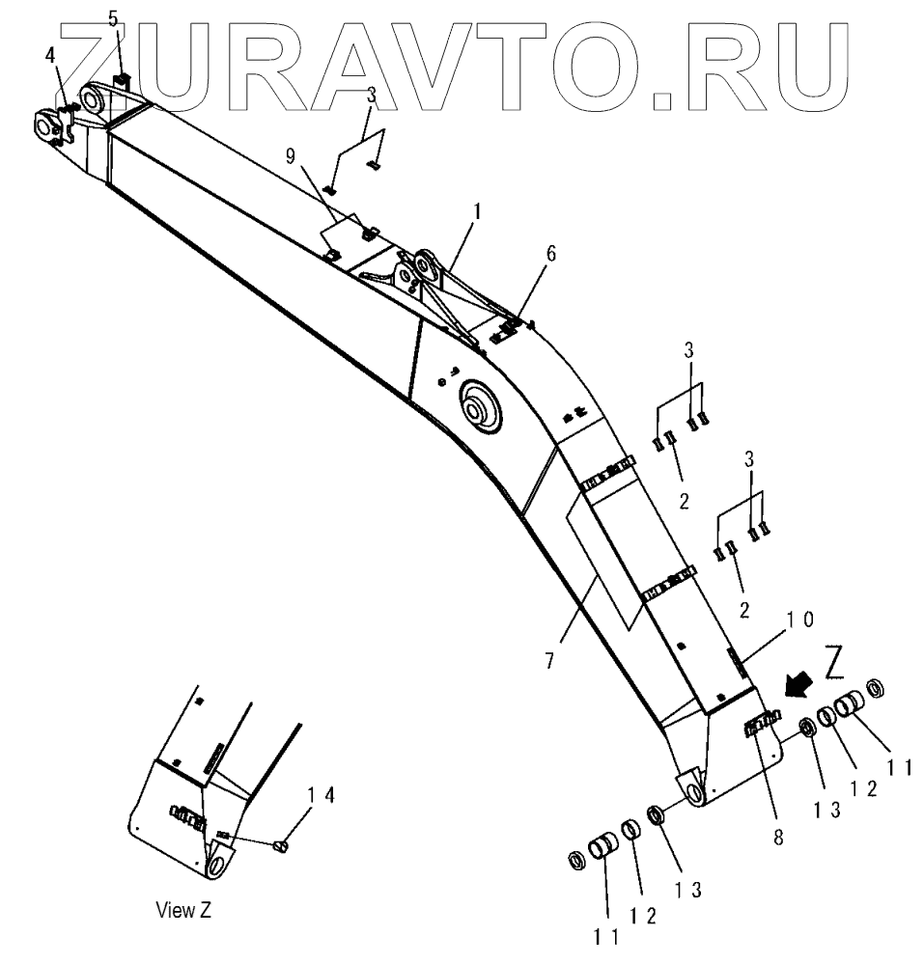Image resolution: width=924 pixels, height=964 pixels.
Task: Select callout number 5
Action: pyautogui.click(x=112, y=18)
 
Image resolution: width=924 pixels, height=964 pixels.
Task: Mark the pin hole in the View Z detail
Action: pyautogui.click(x=216, y=857)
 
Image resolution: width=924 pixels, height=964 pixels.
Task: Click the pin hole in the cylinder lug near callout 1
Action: pyautogui.click(x=421, y=262)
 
